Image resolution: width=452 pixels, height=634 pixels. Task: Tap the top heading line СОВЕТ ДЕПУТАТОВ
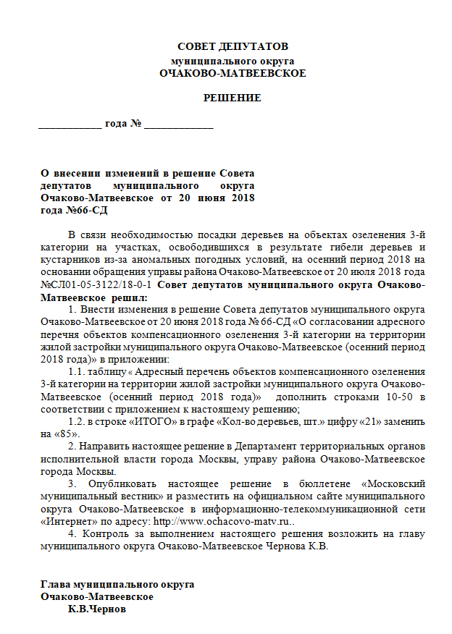coord(233,47)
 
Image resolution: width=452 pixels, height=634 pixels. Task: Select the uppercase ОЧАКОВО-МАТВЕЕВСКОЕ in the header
coord(233,73)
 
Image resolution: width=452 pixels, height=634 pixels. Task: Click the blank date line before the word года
coord(70,124)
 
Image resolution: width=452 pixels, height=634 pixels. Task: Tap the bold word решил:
coord(131,297)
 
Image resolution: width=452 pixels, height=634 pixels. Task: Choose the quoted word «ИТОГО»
coord(159,421)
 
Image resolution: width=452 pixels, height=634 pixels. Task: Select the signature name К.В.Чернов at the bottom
coord(96,609)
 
